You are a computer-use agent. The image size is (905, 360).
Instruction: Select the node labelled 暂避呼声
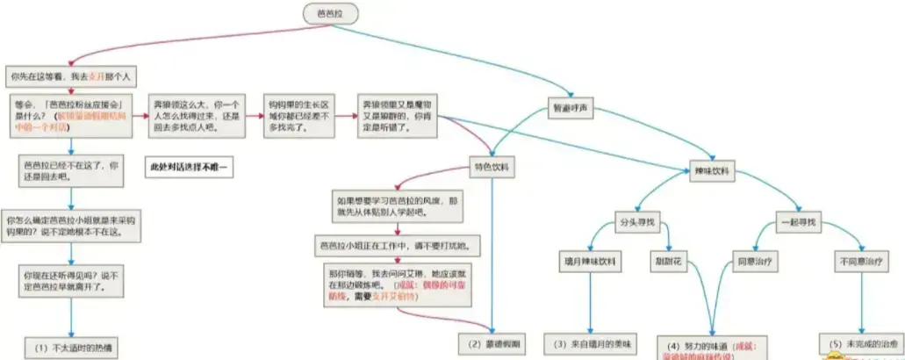tap(571, 108)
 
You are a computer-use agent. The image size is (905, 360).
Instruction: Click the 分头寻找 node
tap(632, 222)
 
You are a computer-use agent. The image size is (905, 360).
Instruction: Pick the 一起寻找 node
tap(798, 222)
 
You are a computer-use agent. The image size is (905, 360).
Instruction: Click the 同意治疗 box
tap(754, 262)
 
